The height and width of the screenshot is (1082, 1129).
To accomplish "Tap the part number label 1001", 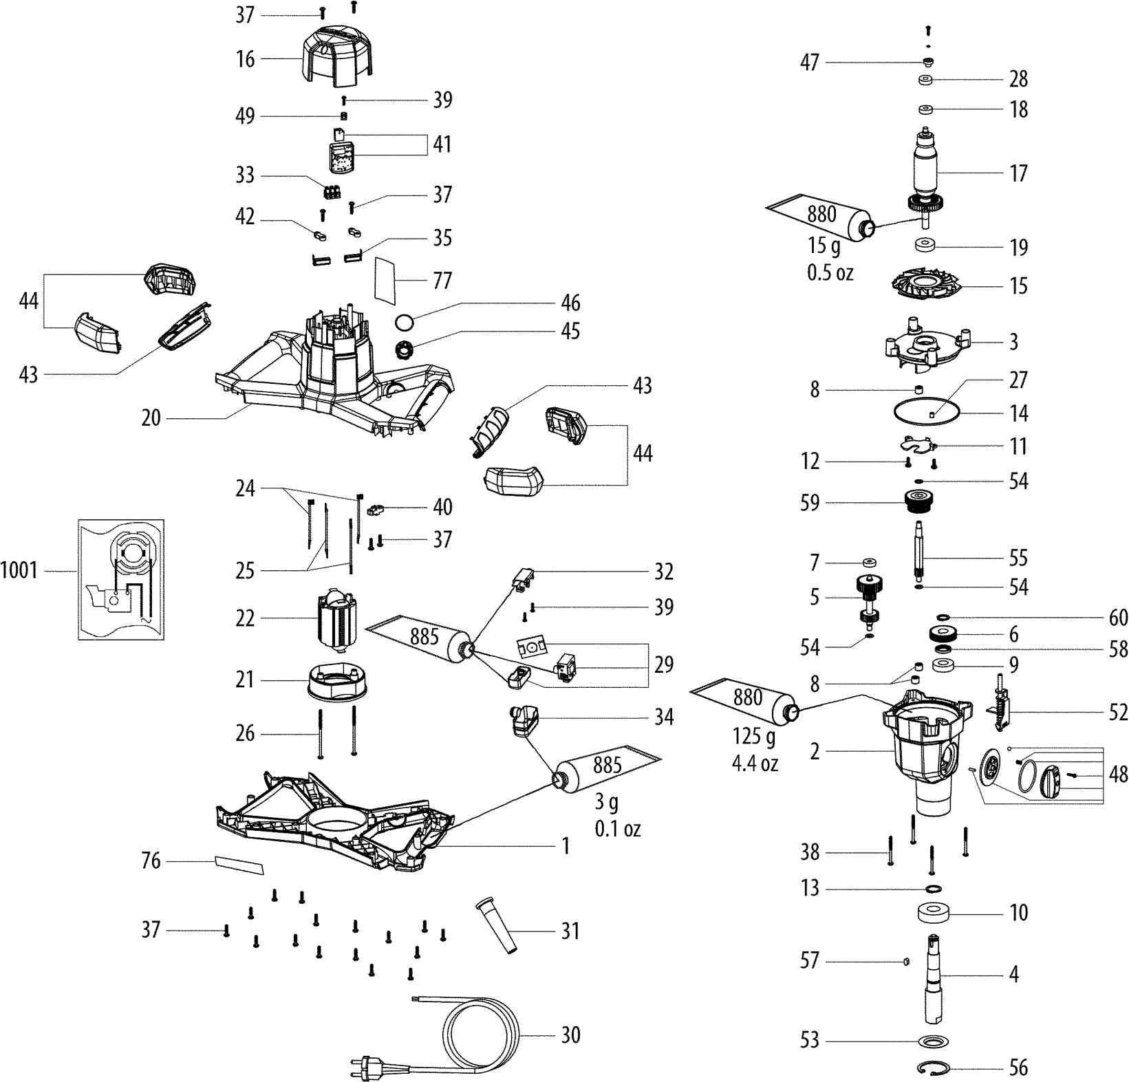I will coord(19,571).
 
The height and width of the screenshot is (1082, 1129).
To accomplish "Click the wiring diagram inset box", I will coord(121,580).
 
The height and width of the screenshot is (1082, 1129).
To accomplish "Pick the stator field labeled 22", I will coord(337,619).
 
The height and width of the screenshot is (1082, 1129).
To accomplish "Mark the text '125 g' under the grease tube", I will coord(754,737).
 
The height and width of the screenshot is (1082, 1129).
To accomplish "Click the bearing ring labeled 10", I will coord(934,913).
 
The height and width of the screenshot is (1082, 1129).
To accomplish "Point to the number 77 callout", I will coord(442,281).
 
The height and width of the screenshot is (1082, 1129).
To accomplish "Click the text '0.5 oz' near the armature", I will coord(830,272).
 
